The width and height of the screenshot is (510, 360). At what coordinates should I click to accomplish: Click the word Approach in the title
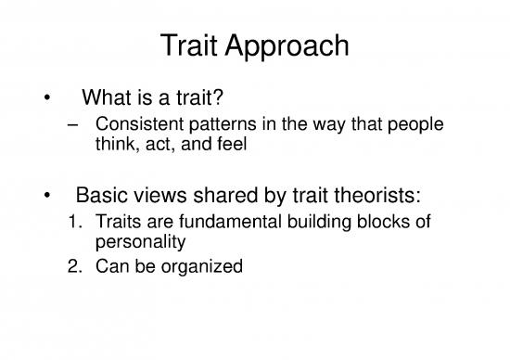pos(287,45)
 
